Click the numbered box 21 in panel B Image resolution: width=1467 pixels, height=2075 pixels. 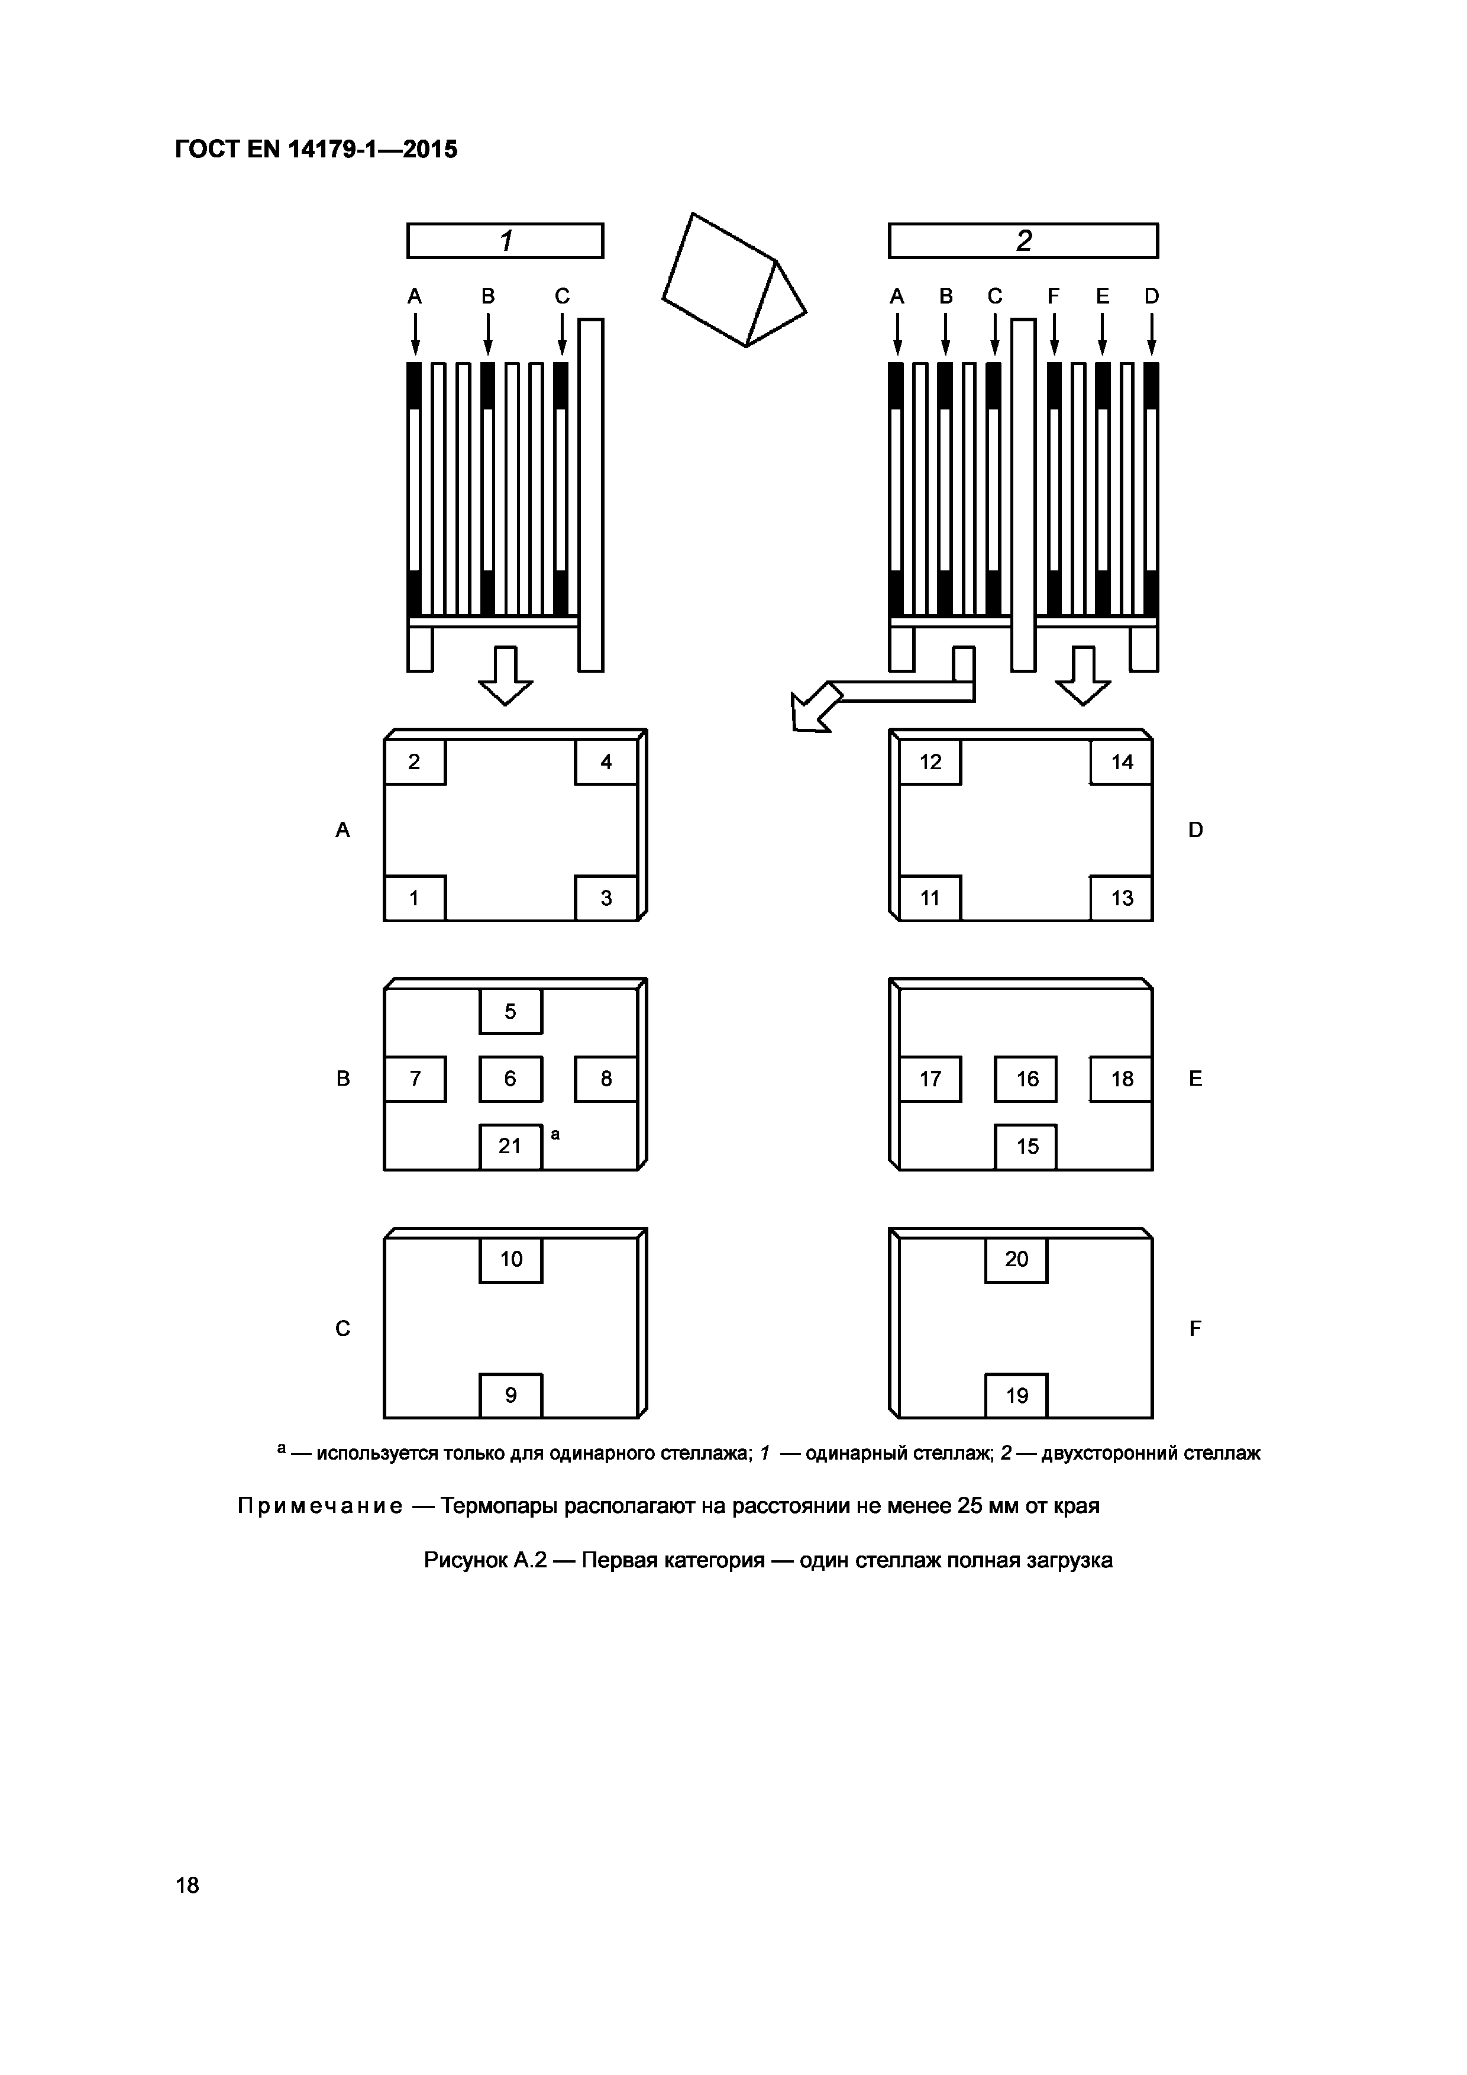click(510, 1147)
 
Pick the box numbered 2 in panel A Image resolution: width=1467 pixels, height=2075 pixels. click(415, 762)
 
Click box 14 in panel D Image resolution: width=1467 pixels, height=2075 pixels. click(1121, 762)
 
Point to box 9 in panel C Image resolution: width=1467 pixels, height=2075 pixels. click(510, 1395)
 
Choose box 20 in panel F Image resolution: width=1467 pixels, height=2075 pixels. click(1016, 1260)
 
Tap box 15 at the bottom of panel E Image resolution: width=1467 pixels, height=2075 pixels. click(1026, 1147)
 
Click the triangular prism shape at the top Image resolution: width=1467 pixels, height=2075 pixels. click(733, 280)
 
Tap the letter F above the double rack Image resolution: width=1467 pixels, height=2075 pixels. click(1054, 296)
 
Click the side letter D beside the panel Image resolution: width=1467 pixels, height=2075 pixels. click(1195, 830)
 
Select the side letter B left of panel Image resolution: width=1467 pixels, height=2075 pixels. click(343, 1078)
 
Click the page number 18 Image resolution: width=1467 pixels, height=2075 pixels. click(188, 1885)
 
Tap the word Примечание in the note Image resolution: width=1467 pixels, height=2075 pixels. click(320, 1506)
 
